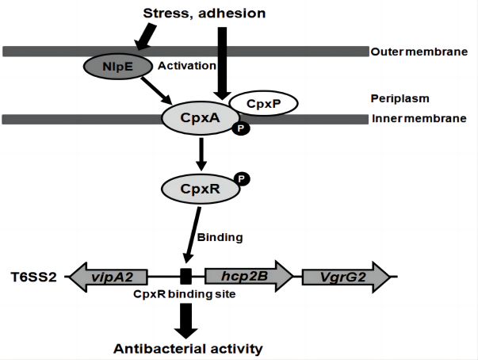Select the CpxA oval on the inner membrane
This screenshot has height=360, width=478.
(x=199, y=120)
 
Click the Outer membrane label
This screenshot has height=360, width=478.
(x=419, y=52)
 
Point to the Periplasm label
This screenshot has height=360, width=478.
(x=399, y=99)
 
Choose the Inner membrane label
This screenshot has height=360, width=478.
(x=419, y=120)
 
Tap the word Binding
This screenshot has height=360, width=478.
(x=219, y=236)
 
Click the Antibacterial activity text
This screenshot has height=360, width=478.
(x=187, y=348)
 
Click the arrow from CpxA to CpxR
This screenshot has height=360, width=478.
(x=201, y=154)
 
